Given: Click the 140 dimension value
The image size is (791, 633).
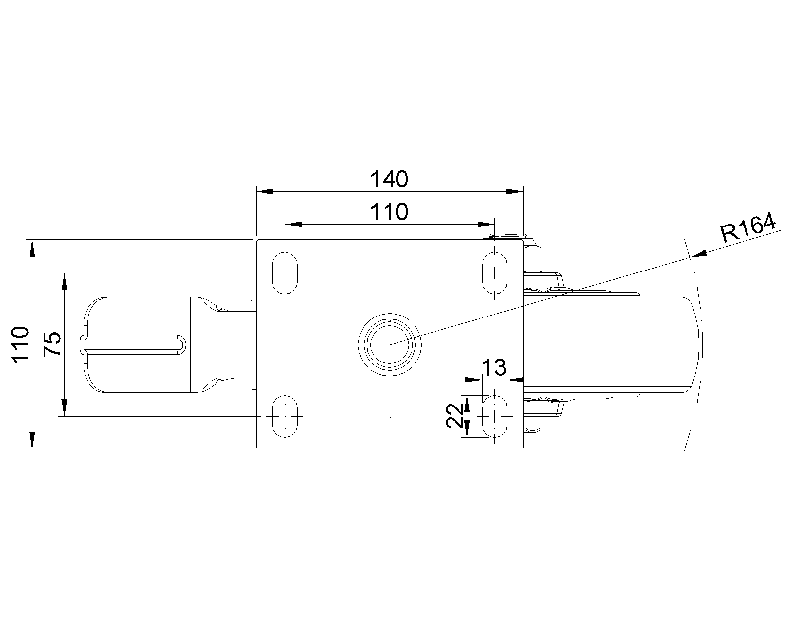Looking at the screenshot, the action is [389, 179].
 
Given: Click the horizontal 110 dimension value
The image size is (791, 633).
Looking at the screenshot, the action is [389, 212].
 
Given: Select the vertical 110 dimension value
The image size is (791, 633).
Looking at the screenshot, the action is [21, 345].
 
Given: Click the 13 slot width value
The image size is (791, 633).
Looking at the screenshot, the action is [494, 367].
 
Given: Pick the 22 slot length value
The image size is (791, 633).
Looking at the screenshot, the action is [455, 416].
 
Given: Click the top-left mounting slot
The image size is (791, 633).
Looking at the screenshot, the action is [285, 273].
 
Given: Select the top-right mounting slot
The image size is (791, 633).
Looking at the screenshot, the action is [494, 273].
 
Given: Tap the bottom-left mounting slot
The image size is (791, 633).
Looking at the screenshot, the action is [285, 416].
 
